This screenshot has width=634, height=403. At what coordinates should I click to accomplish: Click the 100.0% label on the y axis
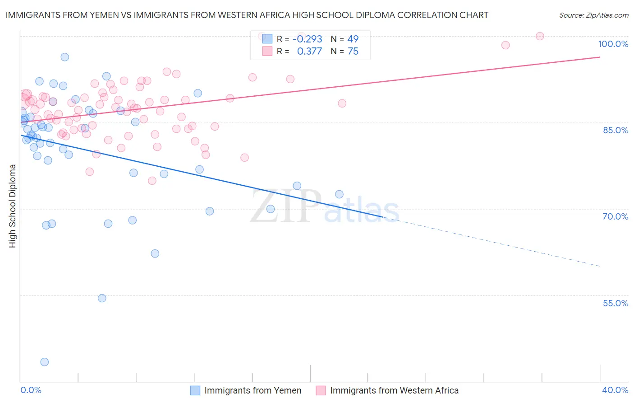point(613,44)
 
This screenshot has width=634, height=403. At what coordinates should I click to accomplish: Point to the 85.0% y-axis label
point(615,130)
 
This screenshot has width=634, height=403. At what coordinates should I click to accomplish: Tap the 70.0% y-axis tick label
point(615,216)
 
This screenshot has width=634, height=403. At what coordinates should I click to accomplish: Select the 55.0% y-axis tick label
point(615,303)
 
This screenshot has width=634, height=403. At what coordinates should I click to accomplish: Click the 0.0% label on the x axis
point(31,390)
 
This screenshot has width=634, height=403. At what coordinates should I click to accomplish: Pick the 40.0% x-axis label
point(615,390)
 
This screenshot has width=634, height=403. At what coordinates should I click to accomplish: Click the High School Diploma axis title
point(13,206)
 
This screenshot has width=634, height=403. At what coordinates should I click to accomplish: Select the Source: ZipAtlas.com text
point(593,15)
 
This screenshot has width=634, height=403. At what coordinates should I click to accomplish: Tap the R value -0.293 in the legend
point(307,39)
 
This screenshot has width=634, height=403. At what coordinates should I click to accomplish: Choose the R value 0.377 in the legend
point(309,52)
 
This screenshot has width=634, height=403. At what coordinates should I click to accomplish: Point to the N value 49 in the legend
point(353,39)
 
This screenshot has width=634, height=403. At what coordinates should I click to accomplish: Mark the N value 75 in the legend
point(353,52)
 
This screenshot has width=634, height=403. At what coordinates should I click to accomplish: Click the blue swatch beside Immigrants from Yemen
point(195,390)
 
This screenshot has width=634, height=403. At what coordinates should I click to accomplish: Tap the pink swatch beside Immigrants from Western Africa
point(321,390)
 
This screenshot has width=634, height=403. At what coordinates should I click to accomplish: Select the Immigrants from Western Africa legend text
point(394,390)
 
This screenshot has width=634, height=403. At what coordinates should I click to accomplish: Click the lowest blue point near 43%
point(44,362)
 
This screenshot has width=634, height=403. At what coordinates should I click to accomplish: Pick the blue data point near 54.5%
point(102,298)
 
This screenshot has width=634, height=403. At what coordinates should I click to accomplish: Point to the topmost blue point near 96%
point(65,57)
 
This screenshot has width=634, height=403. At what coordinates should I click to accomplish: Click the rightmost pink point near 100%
point(540,36)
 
